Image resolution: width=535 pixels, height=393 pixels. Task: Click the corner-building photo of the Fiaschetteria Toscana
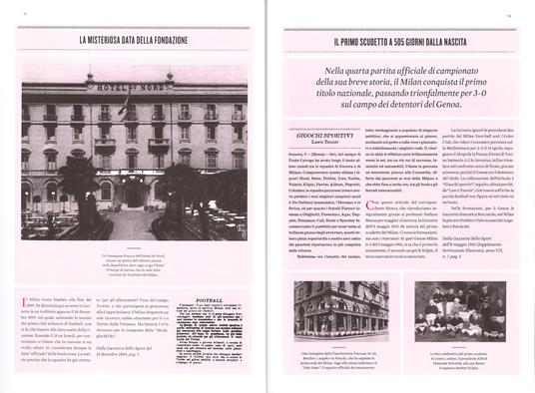340,310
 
